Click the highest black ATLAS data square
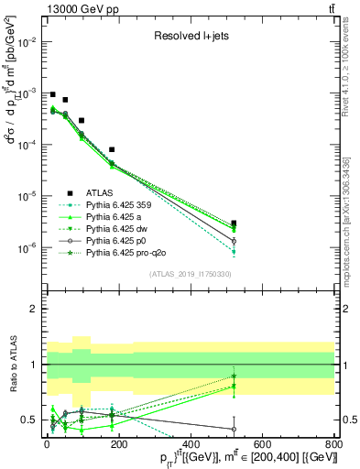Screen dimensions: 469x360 tap(53, 94)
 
